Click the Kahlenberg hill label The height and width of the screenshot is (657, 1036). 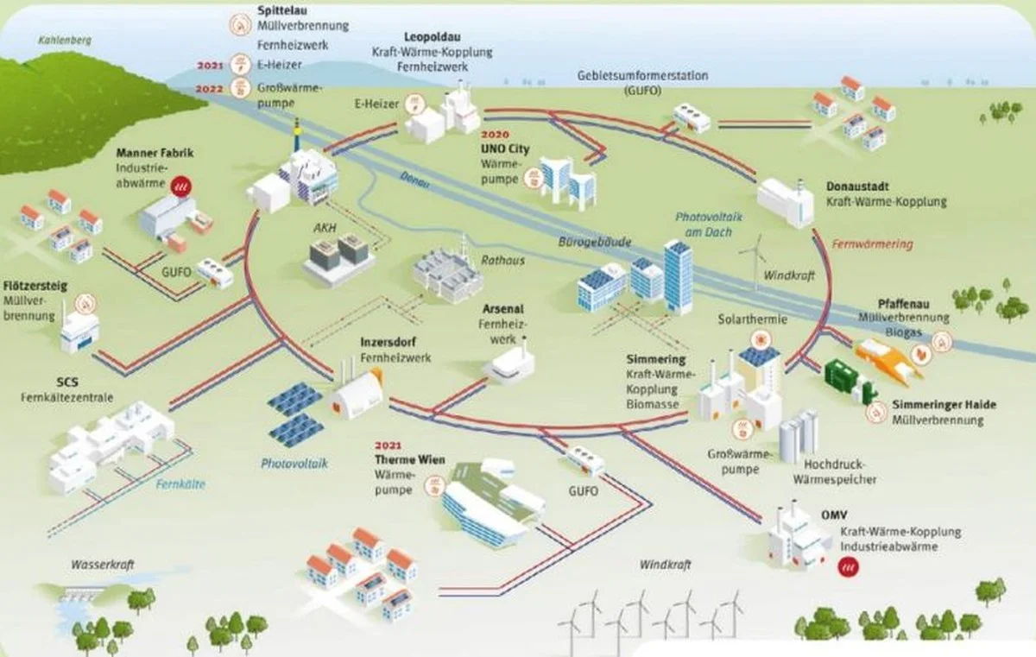pos(65,40)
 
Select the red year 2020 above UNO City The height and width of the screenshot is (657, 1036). pos(494,136)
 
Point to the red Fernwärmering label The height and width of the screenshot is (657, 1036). pos(872,244)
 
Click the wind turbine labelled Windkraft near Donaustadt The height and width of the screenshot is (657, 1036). pos(753,259)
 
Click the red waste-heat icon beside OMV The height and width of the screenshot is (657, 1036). pos(847,567)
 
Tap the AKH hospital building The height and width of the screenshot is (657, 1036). pos(339,259)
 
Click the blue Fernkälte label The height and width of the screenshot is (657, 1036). pos(180,484)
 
